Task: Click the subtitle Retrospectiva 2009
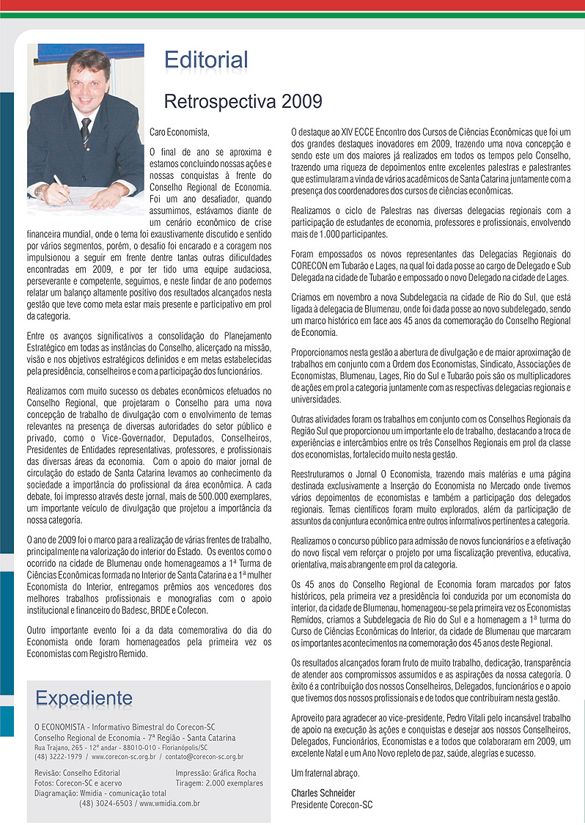243,100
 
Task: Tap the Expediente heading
84,697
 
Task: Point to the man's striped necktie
86,131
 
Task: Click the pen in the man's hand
62,188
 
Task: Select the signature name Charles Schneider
322,793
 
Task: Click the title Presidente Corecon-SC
331,804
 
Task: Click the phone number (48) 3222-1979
59,756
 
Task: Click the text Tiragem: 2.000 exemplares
219,783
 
